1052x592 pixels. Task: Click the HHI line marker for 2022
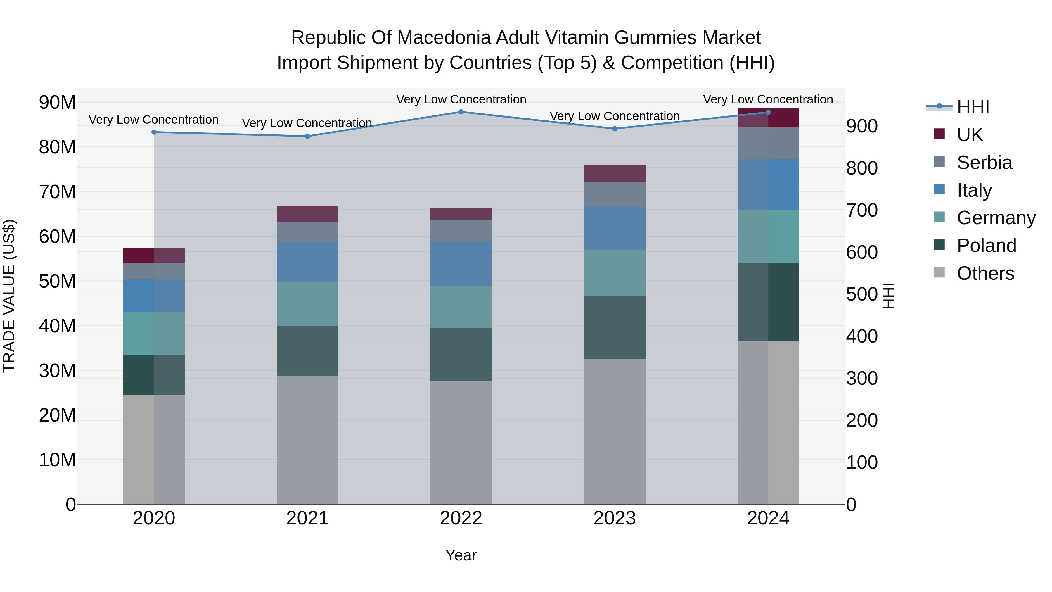click(461, 112)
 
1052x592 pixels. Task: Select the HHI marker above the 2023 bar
click(615, 129)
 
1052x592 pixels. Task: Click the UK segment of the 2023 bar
click(615, 174)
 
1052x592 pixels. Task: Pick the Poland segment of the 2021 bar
click(307, 351)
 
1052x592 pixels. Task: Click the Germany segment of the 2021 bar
click(307, 304)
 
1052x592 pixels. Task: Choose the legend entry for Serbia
click(984, 163)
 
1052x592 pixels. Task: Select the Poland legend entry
click(986, 246)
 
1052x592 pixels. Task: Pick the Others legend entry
click(985, 273)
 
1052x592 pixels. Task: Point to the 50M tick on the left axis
click(57, 281)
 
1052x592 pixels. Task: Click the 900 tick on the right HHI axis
click(862, 126)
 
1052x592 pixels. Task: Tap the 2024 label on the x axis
click(768, 518)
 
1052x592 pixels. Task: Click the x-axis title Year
click(461, 555)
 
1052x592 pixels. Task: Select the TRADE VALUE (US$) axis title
click(9, 296)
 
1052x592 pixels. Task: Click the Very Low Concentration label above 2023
click(615, 116)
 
